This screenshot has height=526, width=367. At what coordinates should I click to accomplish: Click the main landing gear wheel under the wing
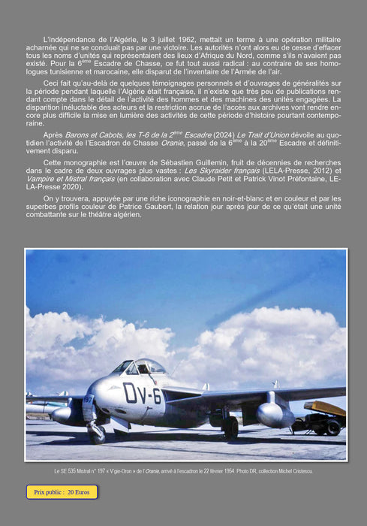pyautogui.click(x=230, y=427)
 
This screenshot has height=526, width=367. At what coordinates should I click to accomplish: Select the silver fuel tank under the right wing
pyautogui.click(x=273, y=413)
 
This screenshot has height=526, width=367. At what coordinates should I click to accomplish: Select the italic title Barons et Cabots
pyautogui.click(x=91, y=133)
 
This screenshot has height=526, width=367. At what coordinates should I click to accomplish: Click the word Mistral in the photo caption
pyautogui.click(x=89, y=471)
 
